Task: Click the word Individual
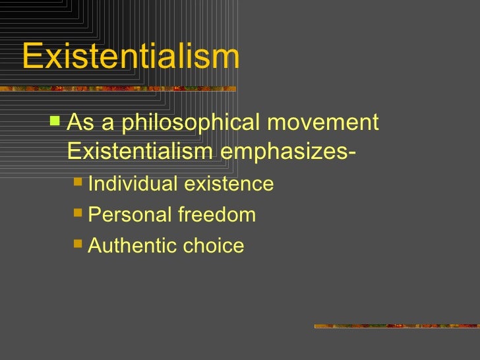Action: pyautogui.click(x=133, y=183)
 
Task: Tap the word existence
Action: pyautogui.click(x=229, y=183)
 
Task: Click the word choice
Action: pyautogui.click(x=214, y=245)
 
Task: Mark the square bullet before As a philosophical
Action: pyautogui.click(x=55, y=121)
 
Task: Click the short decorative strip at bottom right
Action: pyautogui.click(x=396, y=325)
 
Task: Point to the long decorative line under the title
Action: pyautogui.click(x=119, y=88)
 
